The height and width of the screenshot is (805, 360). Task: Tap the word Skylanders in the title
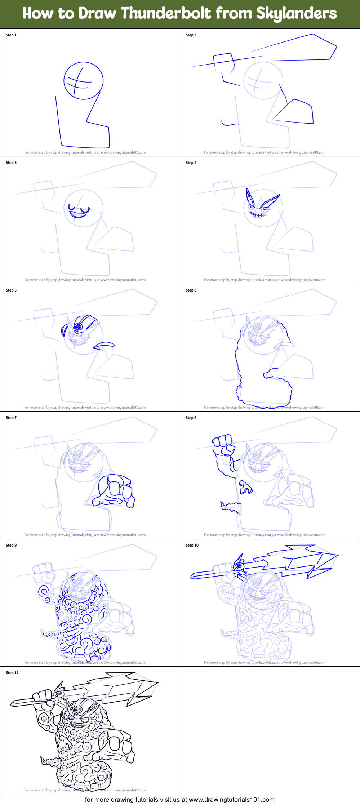(x=296, y=14)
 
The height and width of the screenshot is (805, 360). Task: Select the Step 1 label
(x=11, y=35)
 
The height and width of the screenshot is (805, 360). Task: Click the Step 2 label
(x=191, y=35)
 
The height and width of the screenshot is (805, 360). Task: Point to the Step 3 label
(x=11, y=163)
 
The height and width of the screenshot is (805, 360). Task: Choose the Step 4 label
(x=191, y=163)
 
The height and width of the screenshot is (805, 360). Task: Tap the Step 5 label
(x=11, y=290)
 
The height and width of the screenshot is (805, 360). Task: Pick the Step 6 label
(x=191, y=290)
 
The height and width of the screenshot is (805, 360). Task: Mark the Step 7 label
(x=11, y=418)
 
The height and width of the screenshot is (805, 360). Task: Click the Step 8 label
(x=191, y=418)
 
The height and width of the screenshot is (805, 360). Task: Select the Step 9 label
(x=11, y=545)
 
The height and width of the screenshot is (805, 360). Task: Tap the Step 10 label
(x=192, y=545)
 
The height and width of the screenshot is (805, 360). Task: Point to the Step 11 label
(x=12, y=673)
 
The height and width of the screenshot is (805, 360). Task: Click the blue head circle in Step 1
(x=83, y=80)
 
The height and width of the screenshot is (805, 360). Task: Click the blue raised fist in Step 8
(x=223, y=444)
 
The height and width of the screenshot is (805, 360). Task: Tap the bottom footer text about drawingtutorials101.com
(x=179, y=800)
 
